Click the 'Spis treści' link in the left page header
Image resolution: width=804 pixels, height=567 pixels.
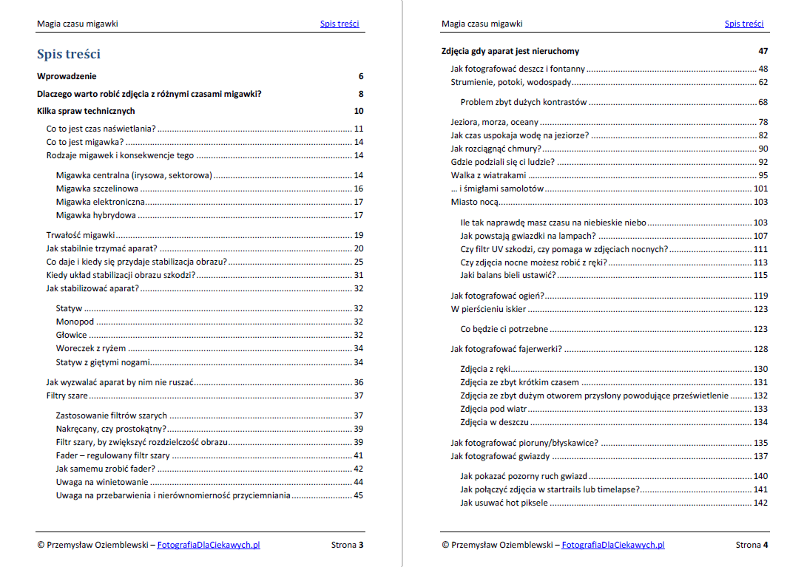coord(339,24)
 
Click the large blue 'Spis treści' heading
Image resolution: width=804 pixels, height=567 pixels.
coord(69,54)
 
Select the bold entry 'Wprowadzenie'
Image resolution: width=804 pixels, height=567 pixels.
coord(67,76)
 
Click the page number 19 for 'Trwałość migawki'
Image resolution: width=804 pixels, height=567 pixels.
coord(358,235)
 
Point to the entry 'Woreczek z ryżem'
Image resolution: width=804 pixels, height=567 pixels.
coord(91,348)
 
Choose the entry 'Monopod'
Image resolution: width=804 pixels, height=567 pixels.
coord(75,322)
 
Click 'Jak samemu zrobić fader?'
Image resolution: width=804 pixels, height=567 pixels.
coord(105,468)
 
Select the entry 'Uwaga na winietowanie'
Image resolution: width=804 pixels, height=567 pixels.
coord(102,482)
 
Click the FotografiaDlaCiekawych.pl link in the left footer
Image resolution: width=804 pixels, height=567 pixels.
coord(209,546)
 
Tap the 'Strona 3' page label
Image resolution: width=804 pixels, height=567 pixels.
coord(347,546)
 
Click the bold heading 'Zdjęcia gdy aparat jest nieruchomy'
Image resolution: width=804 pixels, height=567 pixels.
coord(510,51)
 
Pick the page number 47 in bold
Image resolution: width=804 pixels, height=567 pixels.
coord(763,51)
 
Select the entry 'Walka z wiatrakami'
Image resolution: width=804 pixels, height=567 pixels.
coord(488,175)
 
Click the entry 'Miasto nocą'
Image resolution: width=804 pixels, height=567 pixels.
coord(475,202)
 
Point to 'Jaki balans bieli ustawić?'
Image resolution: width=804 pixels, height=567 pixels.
coord(507,275)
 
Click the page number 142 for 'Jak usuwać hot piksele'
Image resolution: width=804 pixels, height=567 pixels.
coord(760,503)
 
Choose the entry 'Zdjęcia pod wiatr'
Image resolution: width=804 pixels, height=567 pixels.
coord(492,409)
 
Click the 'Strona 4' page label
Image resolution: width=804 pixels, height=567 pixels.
coord(751,546)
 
